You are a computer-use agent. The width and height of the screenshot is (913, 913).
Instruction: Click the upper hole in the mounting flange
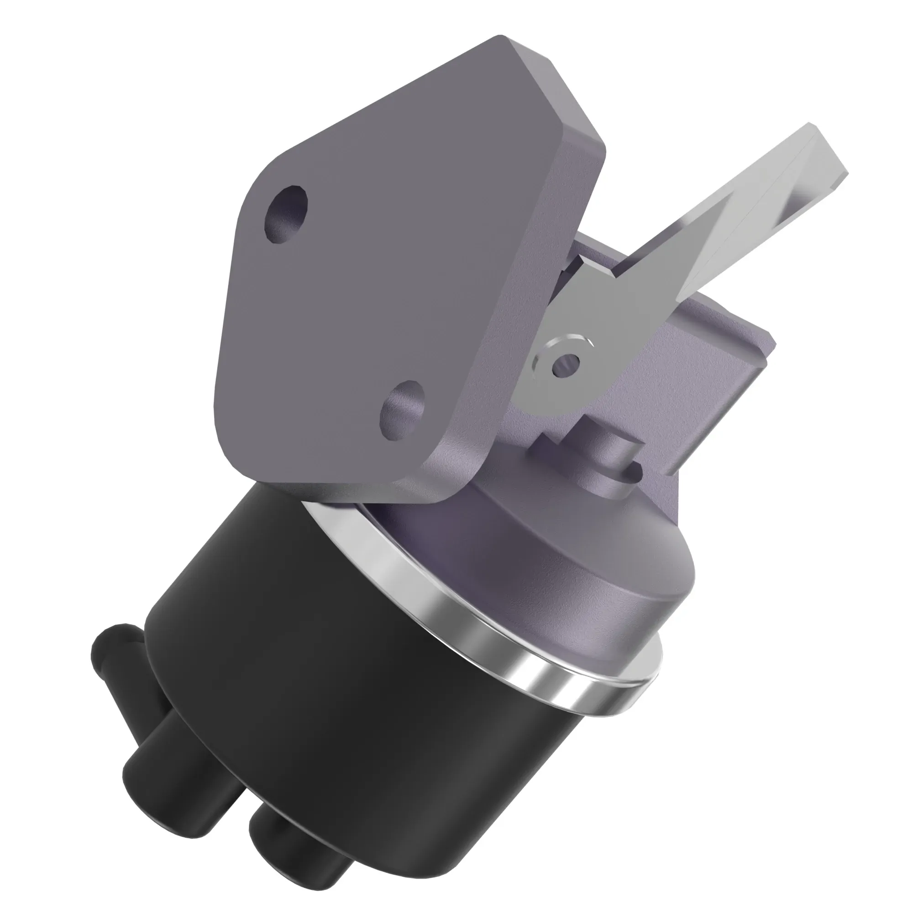286,215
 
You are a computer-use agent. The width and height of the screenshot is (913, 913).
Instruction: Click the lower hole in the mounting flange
403,410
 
